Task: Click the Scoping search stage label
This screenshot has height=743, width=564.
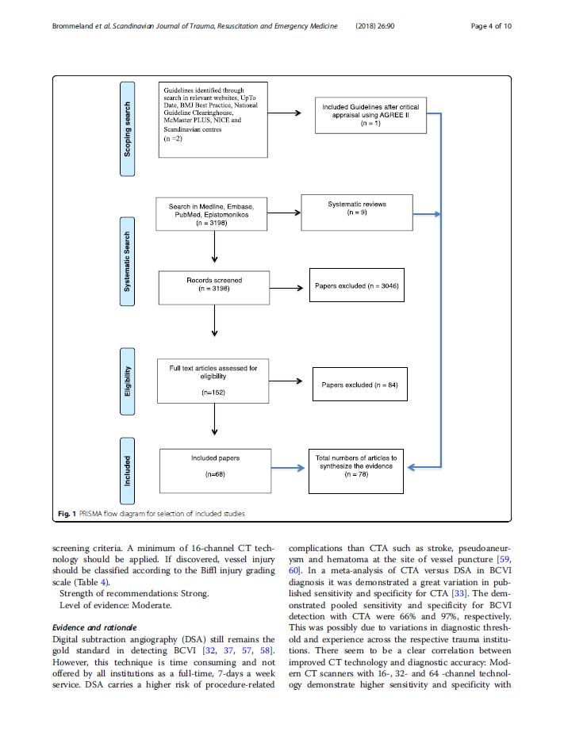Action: click(127, 129)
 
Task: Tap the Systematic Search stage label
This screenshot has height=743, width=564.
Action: click(127, 262)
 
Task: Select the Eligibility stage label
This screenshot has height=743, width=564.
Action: click(127, 381)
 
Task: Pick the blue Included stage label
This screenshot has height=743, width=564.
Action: click(127, 471)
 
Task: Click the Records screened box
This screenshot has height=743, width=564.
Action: click(214, 288)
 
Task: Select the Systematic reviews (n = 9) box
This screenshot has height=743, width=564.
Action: click(357, 213)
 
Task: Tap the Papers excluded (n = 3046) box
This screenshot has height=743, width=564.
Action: click(357, 285)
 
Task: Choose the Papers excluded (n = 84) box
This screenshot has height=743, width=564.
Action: click(359, 385)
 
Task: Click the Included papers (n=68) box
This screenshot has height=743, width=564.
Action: click(215, 471)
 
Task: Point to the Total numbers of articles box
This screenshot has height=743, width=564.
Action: click(356, 471)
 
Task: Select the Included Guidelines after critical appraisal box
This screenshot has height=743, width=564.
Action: click(370, 115)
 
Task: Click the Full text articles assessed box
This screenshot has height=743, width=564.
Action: click(213, 381)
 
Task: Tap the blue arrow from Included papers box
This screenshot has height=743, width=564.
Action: click(288, 468)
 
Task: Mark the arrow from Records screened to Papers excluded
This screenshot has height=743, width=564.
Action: click(286, 288)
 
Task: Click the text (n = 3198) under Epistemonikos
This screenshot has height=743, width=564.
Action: click(211, 223)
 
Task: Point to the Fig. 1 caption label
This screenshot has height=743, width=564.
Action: click(67, 514)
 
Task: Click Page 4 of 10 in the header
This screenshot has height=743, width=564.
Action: click(491, 26)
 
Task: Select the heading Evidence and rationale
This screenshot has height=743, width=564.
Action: click(94, 627)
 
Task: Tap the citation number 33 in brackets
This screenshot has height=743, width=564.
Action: click(458, 593)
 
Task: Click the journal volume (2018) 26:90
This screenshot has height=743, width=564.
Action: click(375, 26)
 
